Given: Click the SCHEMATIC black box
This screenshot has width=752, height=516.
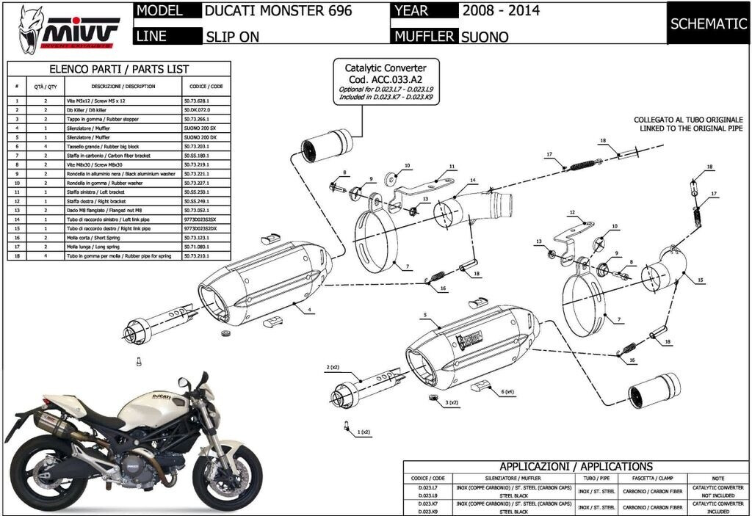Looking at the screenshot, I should (x=708, y=23).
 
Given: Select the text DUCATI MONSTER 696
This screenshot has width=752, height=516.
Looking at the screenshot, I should (x=278, y=11).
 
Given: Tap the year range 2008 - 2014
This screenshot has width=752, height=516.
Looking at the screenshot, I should (x=501, y=11).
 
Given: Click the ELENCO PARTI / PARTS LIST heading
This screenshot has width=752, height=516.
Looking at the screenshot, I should (x=119, y=69).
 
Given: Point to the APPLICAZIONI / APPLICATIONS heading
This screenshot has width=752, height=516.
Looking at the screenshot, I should (x=576, y=467).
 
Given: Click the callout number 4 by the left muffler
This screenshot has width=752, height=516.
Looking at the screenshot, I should (x=311, y=310).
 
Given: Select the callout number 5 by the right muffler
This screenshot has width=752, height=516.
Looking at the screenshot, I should (x=424, y=315).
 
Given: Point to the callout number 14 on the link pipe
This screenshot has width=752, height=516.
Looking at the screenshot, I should (x=474, y=180).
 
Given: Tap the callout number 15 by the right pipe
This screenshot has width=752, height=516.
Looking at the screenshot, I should (x=700, y=280).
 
